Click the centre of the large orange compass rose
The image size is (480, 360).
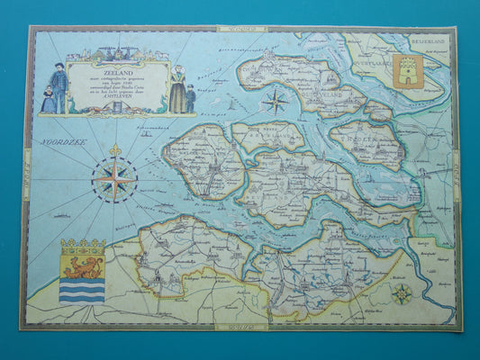point(114,178)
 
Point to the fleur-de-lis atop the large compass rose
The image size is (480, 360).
point(114,149)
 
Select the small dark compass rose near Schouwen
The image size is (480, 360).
point(274,101)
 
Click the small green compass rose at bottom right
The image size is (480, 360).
point(403,292)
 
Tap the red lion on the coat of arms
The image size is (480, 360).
point(82,266)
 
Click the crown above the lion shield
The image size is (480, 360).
point(82,245)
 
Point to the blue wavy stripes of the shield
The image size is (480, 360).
point(82,291)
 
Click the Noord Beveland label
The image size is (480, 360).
point(268,136)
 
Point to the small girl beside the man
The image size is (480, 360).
point(47,100)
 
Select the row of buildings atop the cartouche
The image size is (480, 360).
point(114,53)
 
